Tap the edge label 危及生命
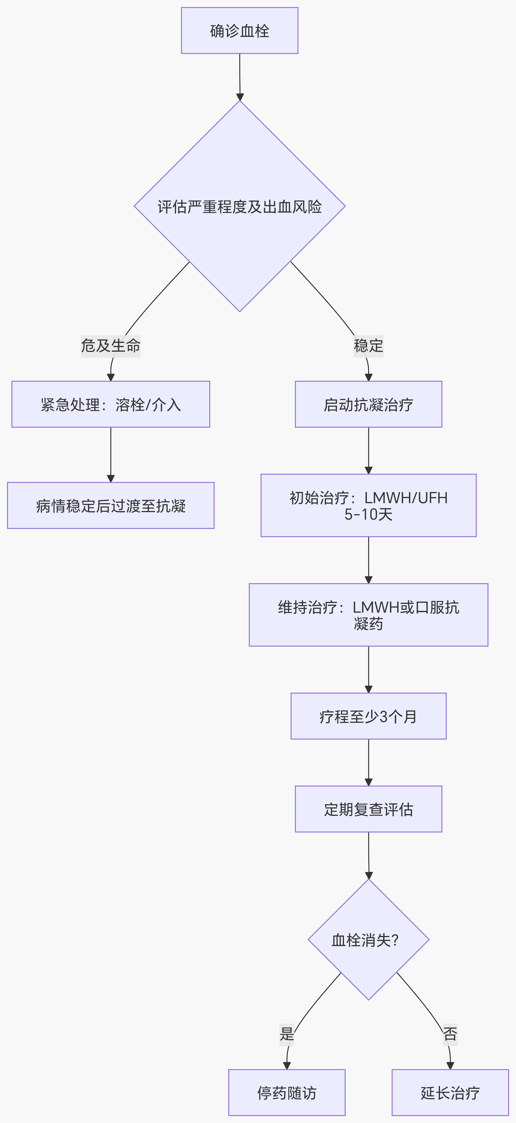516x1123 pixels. point(111,346)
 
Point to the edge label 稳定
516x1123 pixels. point(368,346)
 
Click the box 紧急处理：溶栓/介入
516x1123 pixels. point(111,404)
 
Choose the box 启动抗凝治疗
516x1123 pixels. point(368,404)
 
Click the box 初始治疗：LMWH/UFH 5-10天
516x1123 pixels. point(368,505)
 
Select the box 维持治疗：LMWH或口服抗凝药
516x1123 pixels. point(368,615)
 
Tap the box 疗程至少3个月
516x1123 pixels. point(368,716)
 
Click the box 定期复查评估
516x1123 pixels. point(368,809)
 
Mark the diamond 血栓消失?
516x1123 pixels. point(368,939)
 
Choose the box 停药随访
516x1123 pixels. point(287,1093)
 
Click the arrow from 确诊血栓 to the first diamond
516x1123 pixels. point(240,76)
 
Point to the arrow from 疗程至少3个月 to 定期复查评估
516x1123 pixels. point(368,762)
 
